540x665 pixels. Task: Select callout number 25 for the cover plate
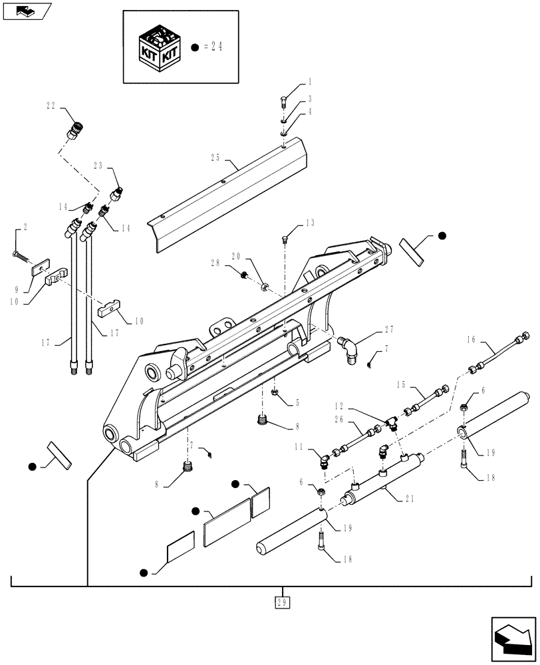tap(215, 158)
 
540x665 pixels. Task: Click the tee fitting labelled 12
tap(391, 421)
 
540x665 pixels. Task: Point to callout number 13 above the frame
tap(310, 223)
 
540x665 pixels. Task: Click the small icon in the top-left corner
tap(25, 11)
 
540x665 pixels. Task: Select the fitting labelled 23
tap(117, 194)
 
